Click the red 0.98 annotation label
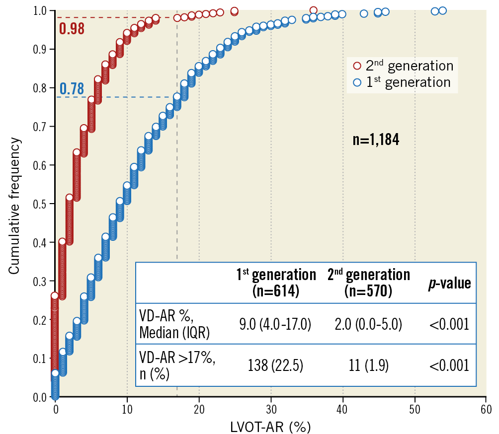pyautogui.click(x=71, y=28)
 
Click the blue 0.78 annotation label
pyautogui.click(x=72, y=89)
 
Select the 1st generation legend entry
pyautogui.click(x=403, y=82)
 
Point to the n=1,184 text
pyautogui.click(x=376, y=140)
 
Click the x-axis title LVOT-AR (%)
pyautogui.click(x=270, y=426)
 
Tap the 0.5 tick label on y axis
pyautogui.click(x=40, y=204)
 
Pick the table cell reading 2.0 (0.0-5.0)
pyautogui.click(x=368, y=325)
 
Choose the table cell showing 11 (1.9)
pyautogui.click(x=368, y=366)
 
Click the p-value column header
pyautogui.click(x=449, y=283)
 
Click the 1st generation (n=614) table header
pyautogui.click(x=276, y=283)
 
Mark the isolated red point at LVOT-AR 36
pyautogui.click(x=313, y=10)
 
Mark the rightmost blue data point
pyautogui.click(x=442, y=10)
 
